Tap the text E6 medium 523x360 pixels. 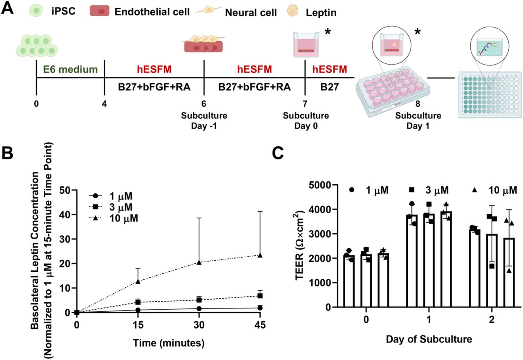point(70,69)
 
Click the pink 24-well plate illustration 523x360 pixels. point(390,92)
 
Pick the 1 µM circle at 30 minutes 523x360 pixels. point(199,309)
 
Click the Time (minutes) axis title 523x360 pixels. point(168,343)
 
